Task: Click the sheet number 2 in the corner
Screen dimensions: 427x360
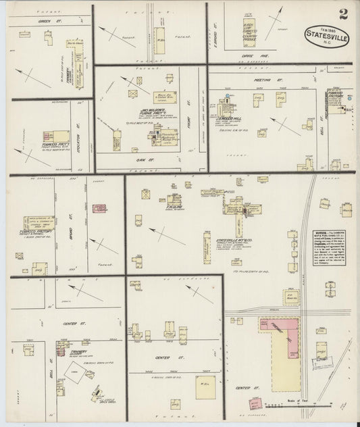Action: [x=345, y=13]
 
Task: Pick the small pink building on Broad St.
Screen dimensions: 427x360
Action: [x=101, y=209]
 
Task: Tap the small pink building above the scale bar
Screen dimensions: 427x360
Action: [x=256, y=404]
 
